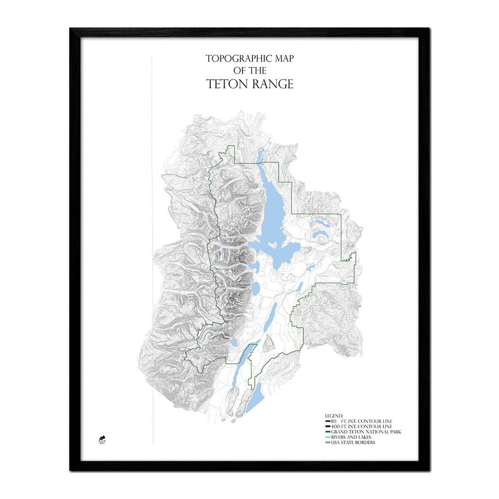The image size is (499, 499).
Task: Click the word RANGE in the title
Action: [x=272, y=84]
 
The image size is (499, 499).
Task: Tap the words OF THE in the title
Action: [x=250, y=71]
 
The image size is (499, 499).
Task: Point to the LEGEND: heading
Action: [x=334, y=416]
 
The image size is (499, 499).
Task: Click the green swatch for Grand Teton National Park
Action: [x=328, y=432]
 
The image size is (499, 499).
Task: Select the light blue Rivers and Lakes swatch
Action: [x=328, y=437]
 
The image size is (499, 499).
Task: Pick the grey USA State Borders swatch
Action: [x=328, y=442]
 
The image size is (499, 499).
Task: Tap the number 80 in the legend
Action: [x=333, y=421]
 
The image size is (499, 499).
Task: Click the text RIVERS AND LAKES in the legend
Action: [x=351, y=437]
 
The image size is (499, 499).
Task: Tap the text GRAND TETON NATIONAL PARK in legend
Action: [x=366, y=432]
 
